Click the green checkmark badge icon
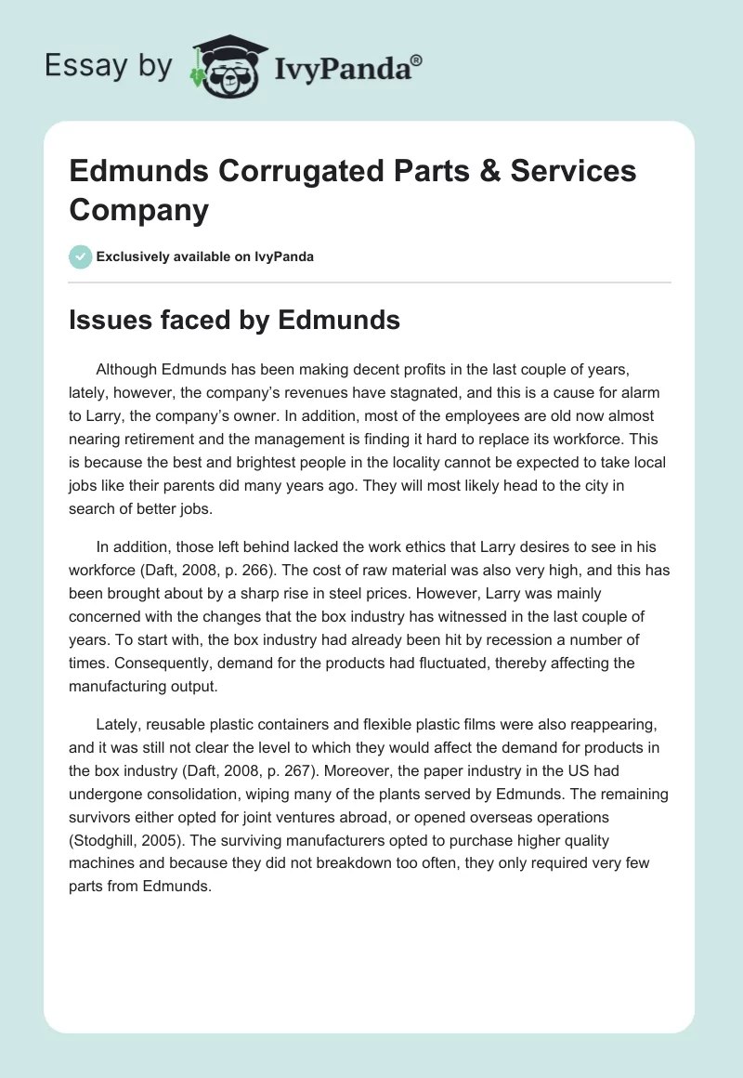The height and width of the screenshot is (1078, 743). point(81,256)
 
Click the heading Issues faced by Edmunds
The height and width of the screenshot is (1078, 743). point(234,320)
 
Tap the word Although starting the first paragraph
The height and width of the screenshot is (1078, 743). point(131,369)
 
